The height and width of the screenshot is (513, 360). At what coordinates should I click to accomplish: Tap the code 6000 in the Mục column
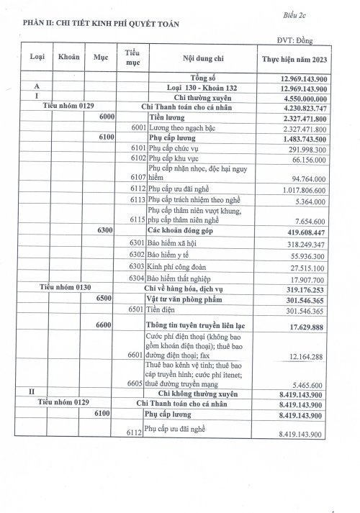click(x=108, y=116)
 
